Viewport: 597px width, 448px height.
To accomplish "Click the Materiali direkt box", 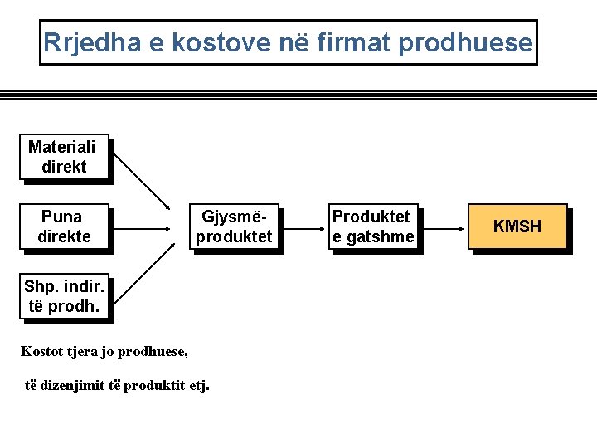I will pos(63,157).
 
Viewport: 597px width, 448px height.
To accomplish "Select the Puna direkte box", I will pos(63,226).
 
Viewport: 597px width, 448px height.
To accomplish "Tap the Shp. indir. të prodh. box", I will pos(63,296).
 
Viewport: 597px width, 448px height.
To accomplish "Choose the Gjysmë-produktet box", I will pos(233,226).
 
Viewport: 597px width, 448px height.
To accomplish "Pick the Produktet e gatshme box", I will pos(372,226).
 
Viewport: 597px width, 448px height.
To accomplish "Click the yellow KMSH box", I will pos(517,226).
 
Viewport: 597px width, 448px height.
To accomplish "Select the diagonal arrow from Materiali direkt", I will pos(140,181).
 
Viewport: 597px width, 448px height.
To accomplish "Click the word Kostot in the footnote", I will pos(41,351).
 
